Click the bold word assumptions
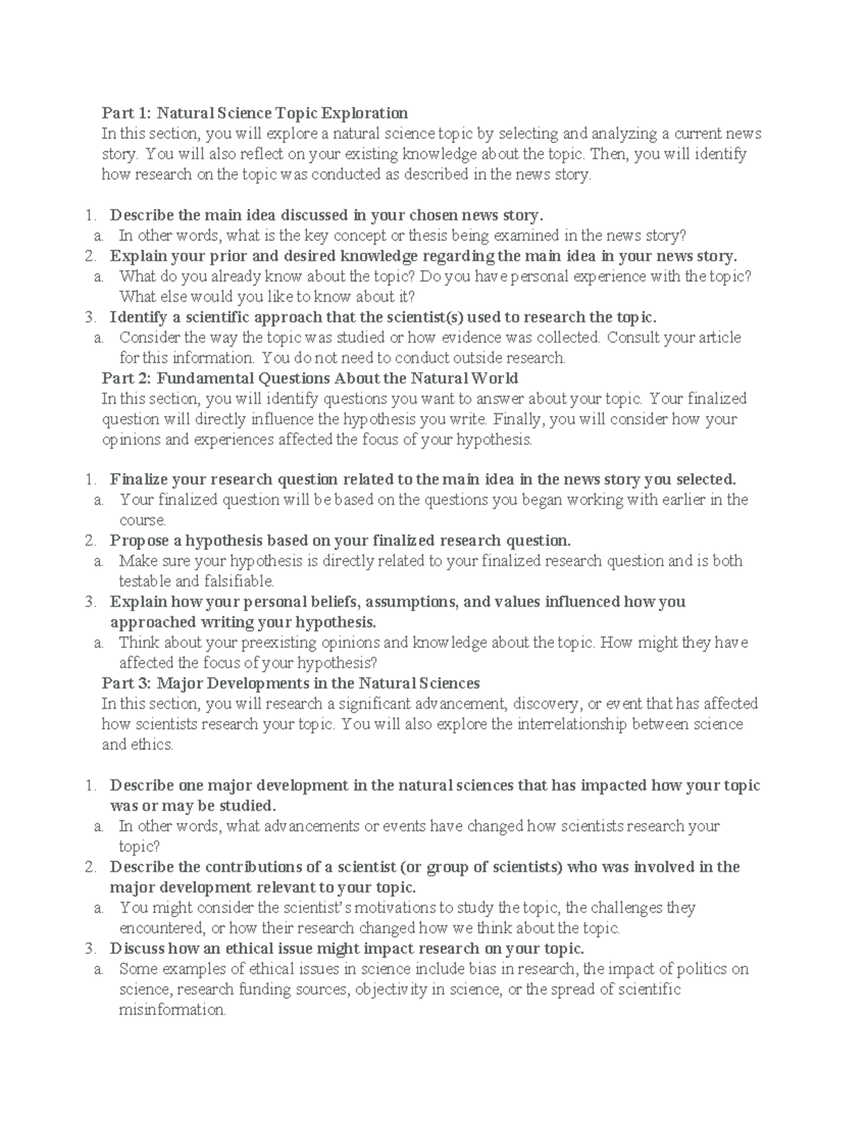click(x=413, y=602)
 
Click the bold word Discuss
click(x=136, y=949)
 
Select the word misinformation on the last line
click(x=172, y=1010)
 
